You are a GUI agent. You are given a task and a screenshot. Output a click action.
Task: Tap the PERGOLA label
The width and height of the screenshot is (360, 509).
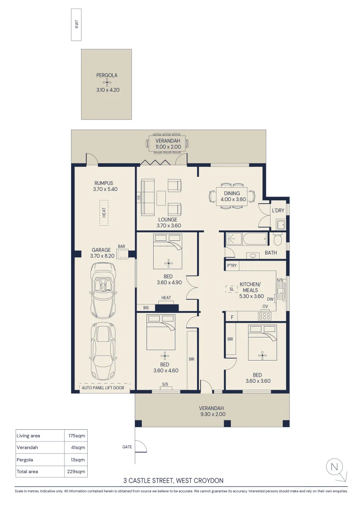tap(106, 75)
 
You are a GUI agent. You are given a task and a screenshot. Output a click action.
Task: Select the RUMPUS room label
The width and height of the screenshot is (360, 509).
tap(104, 183)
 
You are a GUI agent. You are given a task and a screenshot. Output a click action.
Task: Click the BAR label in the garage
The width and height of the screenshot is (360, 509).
tap(122, 246)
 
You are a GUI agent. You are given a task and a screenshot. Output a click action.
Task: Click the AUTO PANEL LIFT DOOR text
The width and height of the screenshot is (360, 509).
tap(106, 388)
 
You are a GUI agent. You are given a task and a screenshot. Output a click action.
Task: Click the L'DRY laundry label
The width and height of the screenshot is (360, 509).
tap(278, 211)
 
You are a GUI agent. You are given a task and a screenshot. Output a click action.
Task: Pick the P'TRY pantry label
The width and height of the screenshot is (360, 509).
tap(231, 266)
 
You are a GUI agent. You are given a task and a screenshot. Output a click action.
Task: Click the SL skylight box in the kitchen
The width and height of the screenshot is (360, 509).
tap(232, 289)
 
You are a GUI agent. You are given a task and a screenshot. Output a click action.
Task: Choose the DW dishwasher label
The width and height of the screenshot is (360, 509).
tap(270, 299)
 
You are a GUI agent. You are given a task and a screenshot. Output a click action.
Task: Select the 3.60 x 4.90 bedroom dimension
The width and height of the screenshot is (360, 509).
tap(168, 283)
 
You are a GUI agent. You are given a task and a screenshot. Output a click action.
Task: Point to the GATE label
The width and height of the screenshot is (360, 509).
tap(127, 447)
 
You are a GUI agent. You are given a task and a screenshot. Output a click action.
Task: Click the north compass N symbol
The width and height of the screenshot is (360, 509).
tap(334, 467)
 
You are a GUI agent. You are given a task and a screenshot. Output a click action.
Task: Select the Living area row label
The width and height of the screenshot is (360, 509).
tap(28, 435)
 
